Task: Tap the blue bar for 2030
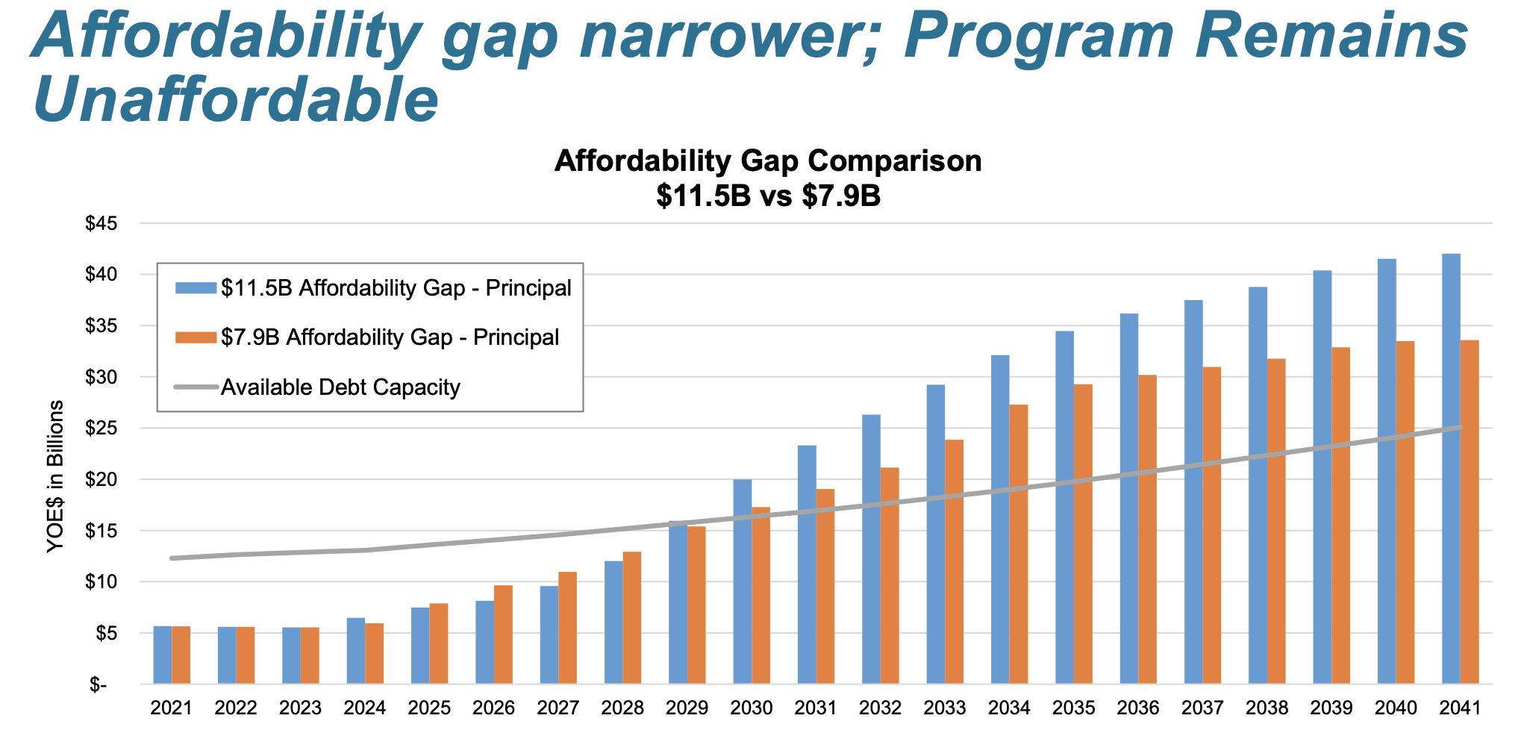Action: coord(742,581)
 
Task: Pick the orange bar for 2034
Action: coord(1019,544)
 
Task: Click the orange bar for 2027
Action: coord(567,628)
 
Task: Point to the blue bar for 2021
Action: coord(163,655)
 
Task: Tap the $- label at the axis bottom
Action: coord(99,684)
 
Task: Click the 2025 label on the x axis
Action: coord(429,708)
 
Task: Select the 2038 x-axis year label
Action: coord(1267,708)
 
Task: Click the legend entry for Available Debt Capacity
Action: coord(340,387)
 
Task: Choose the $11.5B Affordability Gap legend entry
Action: coord(396,288)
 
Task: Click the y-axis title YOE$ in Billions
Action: coord(55,476)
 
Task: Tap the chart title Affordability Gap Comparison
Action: coord(768,161)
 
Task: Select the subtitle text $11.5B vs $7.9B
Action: coord(768,196)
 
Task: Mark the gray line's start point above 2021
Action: coord(172,558)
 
